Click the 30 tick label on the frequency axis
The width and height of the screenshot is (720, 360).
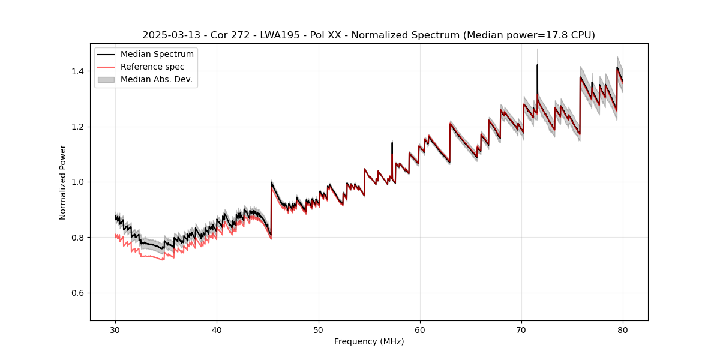[x=115, y=329]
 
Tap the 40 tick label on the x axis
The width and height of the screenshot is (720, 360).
[x=217, y=329]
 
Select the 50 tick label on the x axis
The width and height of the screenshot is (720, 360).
[x=319, y=329]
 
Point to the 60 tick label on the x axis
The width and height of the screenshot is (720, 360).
[x=420, y=329]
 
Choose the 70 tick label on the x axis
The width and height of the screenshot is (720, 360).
[x=521, y=329]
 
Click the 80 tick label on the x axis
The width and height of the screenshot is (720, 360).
[x=623, y=329]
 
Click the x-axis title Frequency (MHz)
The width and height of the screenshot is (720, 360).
[x=369, y=341]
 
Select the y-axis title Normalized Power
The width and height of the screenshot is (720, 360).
[x=63, y=182]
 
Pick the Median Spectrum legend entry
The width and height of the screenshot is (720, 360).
[x=157, y=55]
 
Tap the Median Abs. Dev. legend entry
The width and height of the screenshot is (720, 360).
[x=156, y=79]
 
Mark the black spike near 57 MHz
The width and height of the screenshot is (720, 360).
[x=392, y=147]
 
